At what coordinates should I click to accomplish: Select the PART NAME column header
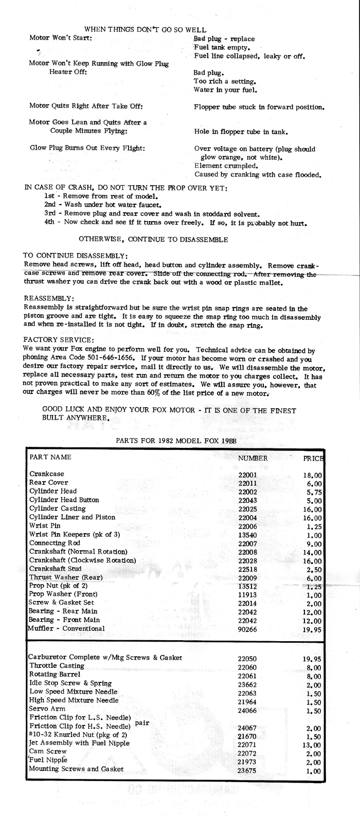pyautogui.click(x=50, y=457)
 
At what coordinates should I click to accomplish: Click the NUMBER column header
pyautogui.click(x=253, y=458)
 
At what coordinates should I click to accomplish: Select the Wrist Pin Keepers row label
pyautogui.click(x=75, y=534)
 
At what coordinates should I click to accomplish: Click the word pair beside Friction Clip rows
pyautogui.click(x=142, y=723)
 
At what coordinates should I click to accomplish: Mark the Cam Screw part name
pyautogui.click(x=48, y=751)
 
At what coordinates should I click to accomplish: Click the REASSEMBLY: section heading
pyautogui.click(x=49, y=298)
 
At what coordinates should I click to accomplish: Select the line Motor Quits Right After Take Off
pyautogui.click(x=86, y=106)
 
